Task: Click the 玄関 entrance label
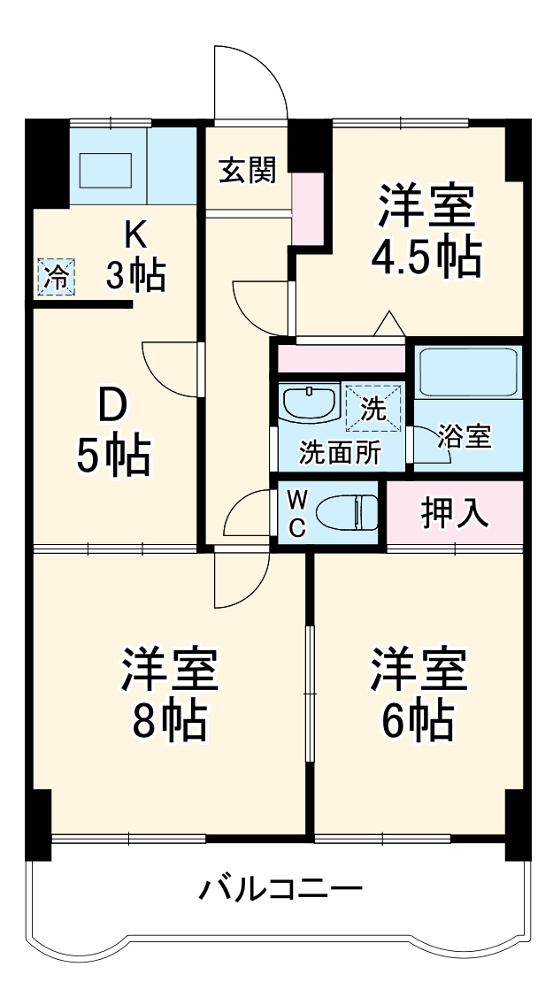248,170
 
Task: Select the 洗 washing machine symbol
373,409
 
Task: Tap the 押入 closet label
456,514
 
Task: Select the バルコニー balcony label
280,887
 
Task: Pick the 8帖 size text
169,722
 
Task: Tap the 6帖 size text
418,722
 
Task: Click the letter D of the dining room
112,409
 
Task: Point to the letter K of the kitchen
134,234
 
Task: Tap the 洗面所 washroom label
338,452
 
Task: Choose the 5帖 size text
112,455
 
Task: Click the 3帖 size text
134,276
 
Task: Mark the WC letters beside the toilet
296,513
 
